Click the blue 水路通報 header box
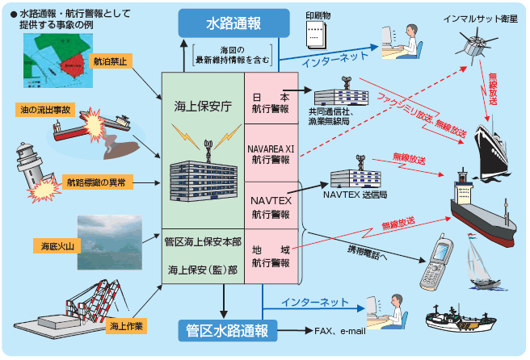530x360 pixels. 233,23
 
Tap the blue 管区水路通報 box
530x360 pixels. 226,330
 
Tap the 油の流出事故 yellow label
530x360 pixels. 36,109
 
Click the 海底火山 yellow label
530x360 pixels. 54,243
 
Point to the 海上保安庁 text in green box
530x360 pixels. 203,105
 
